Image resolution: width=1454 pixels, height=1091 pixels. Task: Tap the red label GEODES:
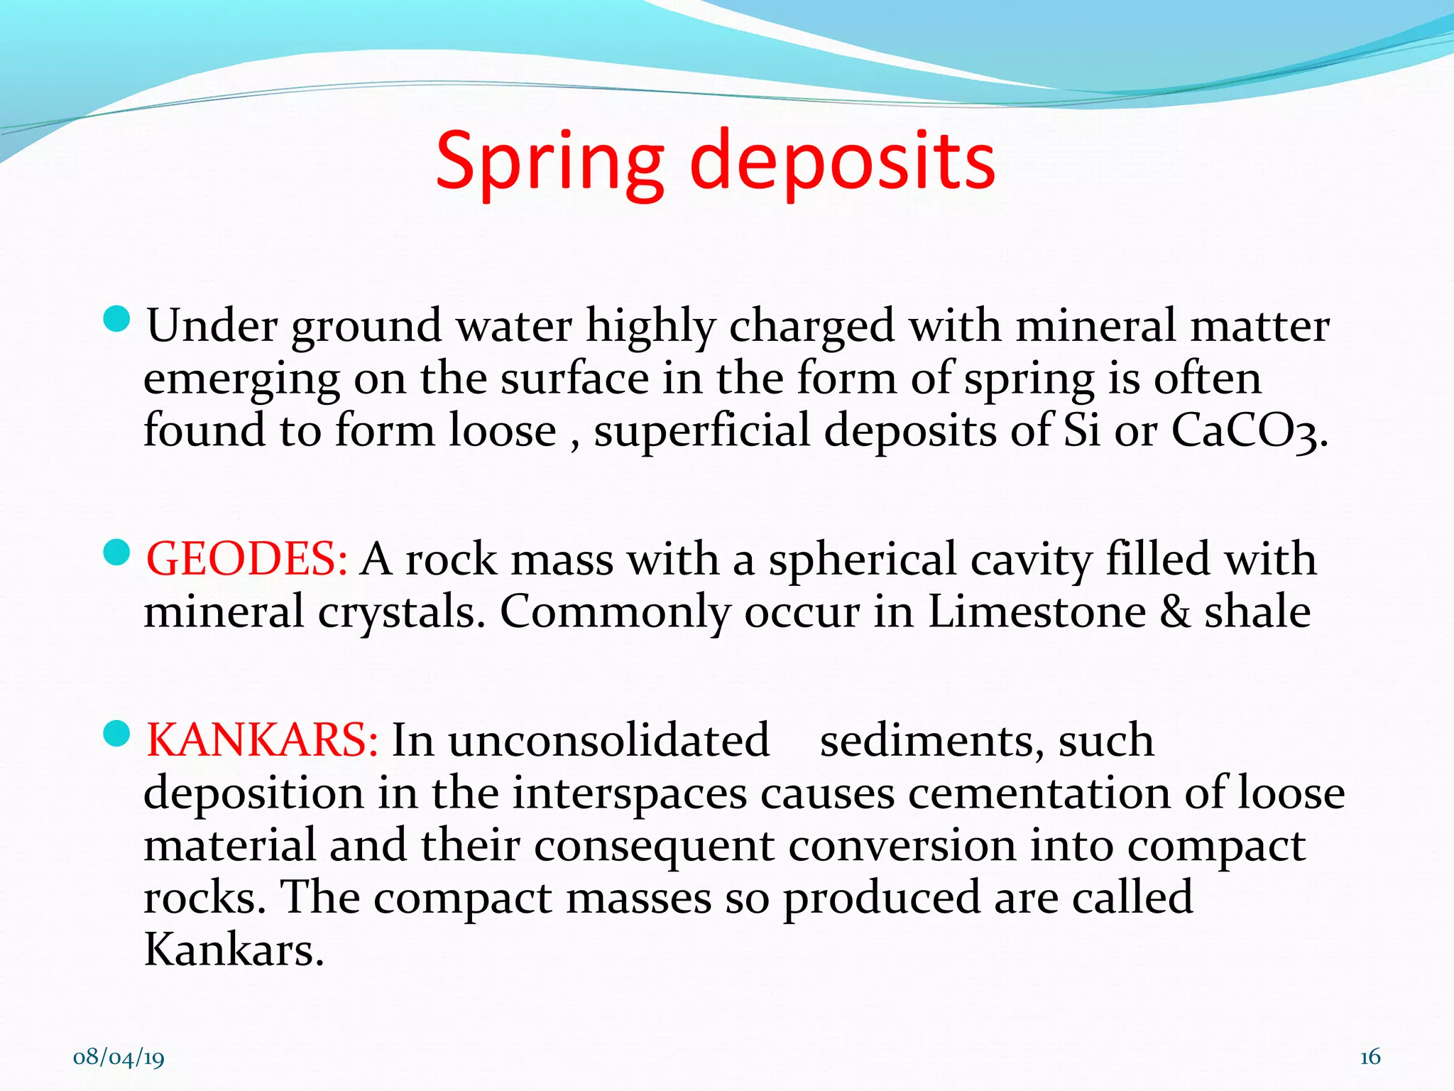246,559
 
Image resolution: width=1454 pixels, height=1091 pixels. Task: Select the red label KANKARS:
261,740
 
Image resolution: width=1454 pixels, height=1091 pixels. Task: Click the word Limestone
1037,612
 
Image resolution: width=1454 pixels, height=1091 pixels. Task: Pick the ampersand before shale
1175,612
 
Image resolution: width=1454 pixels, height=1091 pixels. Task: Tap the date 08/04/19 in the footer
119,1058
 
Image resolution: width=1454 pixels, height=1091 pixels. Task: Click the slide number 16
1370,1057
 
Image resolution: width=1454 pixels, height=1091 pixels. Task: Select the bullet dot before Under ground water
116,320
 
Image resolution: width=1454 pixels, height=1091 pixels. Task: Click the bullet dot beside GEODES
116,553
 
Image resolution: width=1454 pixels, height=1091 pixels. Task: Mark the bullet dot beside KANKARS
116,734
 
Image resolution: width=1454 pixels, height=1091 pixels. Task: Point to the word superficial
701,431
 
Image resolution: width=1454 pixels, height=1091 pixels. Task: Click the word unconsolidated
608,740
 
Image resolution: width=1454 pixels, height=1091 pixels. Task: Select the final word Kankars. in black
234,950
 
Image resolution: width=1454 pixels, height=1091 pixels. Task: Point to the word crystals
401,612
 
